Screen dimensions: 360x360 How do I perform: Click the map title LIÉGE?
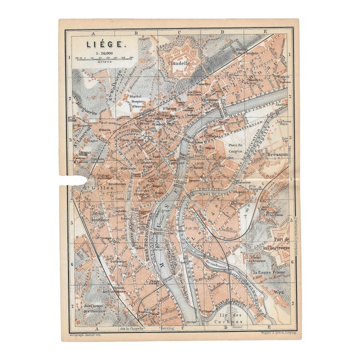[x=102, y=43]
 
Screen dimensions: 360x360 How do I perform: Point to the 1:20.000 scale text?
[x=105, y=52]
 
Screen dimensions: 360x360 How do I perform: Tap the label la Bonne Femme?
[x=269, y=272]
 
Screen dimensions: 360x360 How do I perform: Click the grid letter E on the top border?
[x=265, y=32]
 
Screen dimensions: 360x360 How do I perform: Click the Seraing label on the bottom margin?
[x=168, y=327]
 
